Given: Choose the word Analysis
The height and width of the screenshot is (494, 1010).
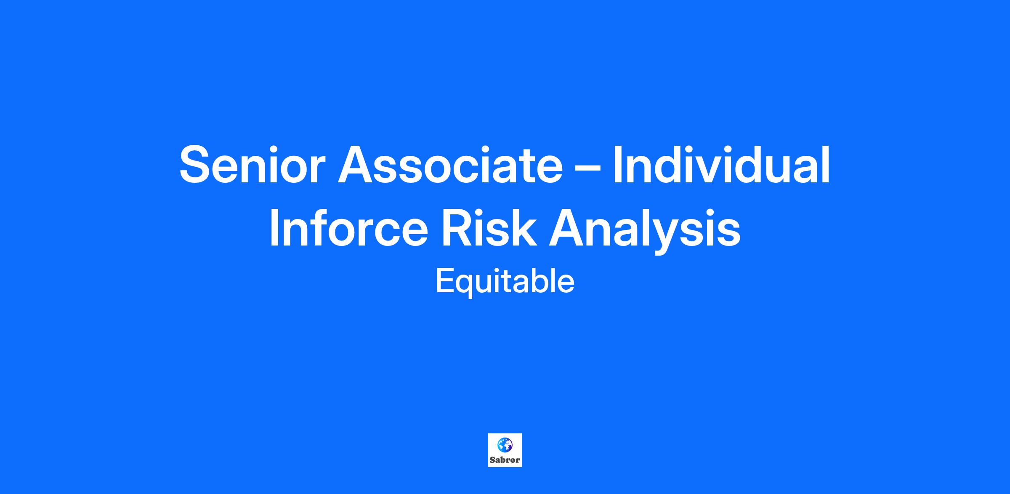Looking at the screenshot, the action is tap(644, 231).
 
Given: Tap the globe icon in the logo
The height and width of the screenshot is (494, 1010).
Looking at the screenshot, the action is tap(505, 444).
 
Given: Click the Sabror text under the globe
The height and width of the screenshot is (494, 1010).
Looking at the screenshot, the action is tap(505, 460).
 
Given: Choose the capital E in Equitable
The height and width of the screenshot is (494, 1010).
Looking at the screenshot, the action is tap(444, 281).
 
